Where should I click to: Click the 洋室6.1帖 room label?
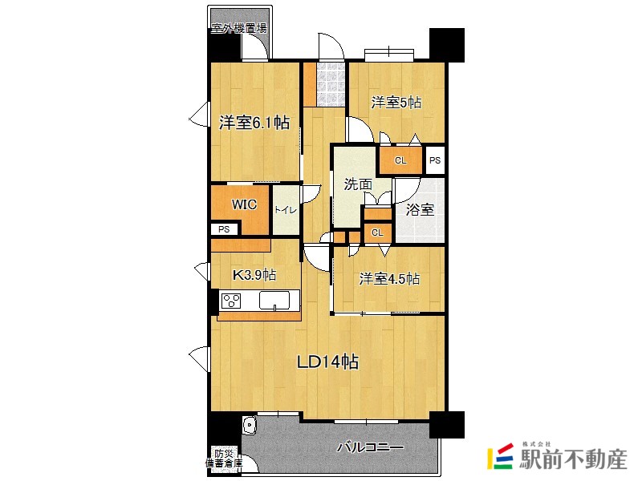click(254, 123)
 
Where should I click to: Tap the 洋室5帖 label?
click(396, 103)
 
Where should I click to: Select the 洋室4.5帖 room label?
click(388, 279)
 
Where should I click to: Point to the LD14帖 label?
click(327, 362)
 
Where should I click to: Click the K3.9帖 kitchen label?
click(254, 275)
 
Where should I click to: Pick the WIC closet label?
click(245, 204)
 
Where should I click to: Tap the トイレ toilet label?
click(286, 210)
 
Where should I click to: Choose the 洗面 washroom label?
click(358, 184)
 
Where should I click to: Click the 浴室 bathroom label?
click(420, 210)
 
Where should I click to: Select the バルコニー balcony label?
click(369, 447)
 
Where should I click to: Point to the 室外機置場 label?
click(239, 29)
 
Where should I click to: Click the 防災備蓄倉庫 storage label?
click(221, 458)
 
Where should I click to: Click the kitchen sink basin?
click(274, 301)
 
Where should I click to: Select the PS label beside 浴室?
click(434, 160)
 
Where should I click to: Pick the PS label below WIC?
click(224, 229)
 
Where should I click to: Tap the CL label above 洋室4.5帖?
click(376, 232)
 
